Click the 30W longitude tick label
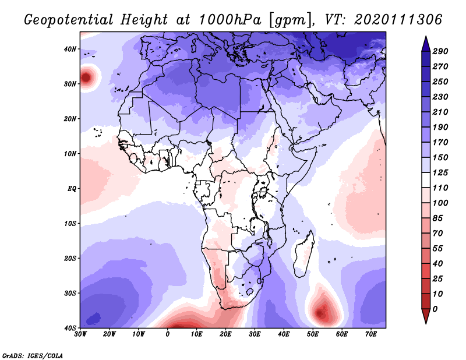pyautogui.click(x=80, y=334)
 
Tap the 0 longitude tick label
pyautogui.click(x=168, y=334)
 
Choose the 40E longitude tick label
pyautogui.click(x=284, y=334)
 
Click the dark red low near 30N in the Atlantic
pyautogui.click(x=87, y=77)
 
